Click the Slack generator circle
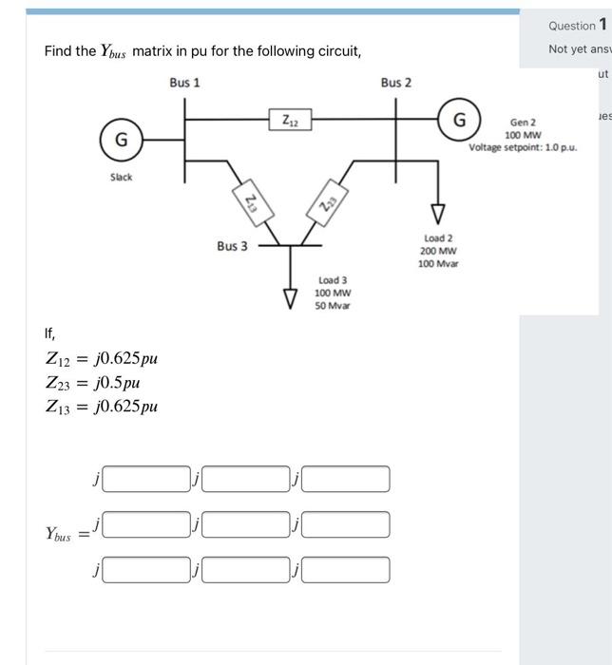coord(121,140)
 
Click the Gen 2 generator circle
coord(459,120)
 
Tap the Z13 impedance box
coord(250,200)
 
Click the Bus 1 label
coord(184,83)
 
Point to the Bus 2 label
coord(396,83)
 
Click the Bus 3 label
coord(232,246)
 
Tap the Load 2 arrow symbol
coord(438,212)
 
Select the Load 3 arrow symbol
coord(292,298)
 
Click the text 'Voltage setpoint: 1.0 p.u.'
coord(522,147)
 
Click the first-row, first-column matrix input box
coord(147,479)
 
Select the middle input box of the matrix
coord(246,523)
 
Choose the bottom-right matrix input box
coord(345,569)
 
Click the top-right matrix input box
coord(345,479)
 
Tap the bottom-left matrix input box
coord(147,569)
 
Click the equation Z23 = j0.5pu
coord(93,383)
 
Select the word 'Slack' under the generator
coord(121,178)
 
